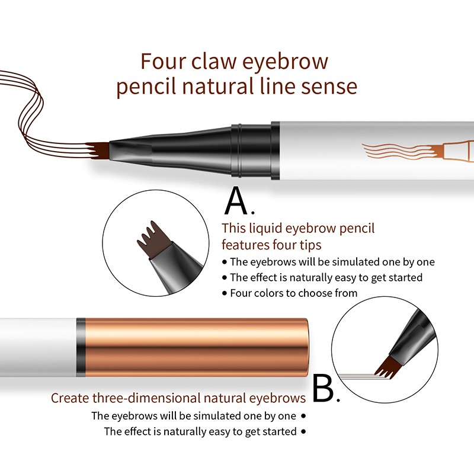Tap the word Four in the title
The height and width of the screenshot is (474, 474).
click(162, 61)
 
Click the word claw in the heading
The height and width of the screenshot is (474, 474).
click(213, 61)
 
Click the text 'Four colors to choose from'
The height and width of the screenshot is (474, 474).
click(294, 293)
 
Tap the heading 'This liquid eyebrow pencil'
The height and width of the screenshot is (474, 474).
click(298, 228)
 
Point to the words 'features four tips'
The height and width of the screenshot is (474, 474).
click(271, 244)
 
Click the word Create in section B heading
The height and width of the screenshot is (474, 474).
click(69, 398)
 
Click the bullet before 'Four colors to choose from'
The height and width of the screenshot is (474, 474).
click(224, 293)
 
